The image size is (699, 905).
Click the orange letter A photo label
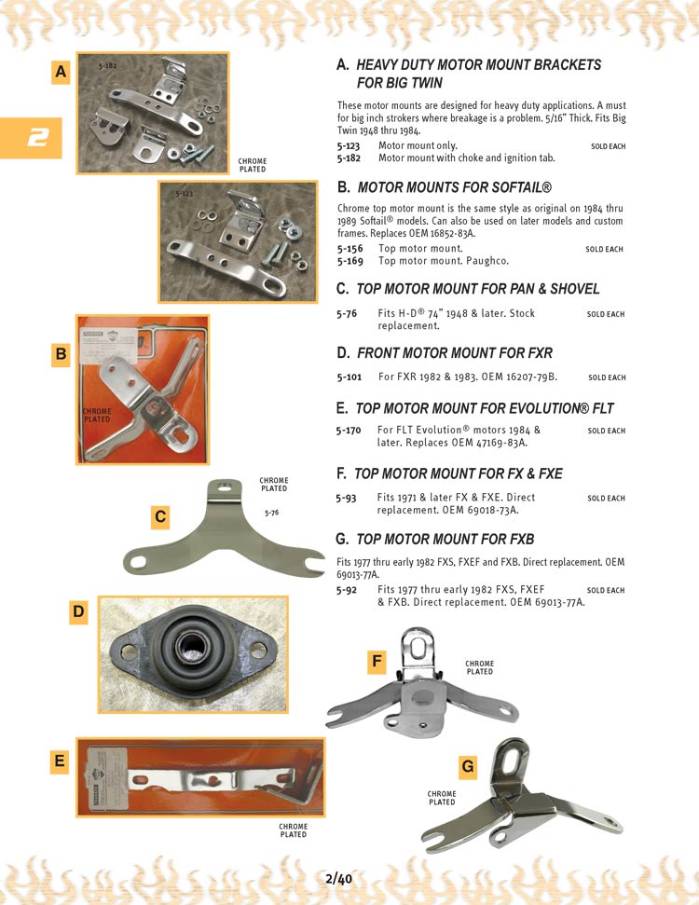(x=62, y=72)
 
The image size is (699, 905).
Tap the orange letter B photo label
(x=62, y=354)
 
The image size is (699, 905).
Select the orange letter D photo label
(x=79, y=611)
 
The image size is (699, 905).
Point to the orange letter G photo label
(x=468, y=767)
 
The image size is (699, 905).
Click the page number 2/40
(x=339, y=878)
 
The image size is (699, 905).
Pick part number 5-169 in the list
(x=349, y=261)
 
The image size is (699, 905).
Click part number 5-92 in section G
(x=347, y=590)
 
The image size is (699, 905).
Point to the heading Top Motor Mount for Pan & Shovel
(x=468, y=289)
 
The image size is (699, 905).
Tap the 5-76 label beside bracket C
(x=272, y=513)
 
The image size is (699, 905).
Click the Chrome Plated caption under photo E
(x=293, y=830)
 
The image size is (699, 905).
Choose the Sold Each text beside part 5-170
(x=606, y=432)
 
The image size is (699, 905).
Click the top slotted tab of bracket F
(x=412, y=643)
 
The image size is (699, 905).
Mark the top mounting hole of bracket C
(x=224, y=485)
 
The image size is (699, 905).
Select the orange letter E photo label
(x=60, y=761)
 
